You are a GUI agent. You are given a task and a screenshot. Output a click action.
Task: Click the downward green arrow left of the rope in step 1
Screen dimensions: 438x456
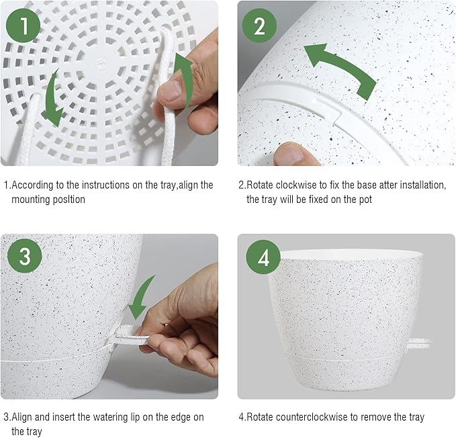52,99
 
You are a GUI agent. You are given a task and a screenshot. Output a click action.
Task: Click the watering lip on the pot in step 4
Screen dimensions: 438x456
420,343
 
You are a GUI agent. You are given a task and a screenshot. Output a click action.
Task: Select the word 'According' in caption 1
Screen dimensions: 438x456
32,185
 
